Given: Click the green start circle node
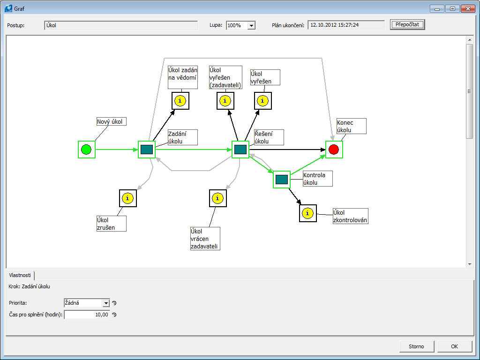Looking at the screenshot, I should point(86,150).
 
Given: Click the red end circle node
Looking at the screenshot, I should point(334,150).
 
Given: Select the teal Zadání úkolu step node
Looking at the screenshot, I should point(147,150).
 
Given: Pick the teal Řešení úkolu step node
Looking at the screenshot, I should point(240,150).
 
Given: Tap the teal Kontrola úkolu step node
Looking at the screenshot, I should point(282,180).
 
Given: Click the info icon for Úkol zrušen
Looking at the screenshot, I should point(127,198).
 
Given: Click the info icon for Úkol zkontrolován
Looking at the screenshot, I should point(307,213).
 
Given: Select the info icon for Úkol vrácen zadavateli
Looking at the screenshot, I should point(217,198).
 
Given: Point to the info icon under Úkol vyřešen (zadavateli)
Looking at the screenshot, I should point(225,101).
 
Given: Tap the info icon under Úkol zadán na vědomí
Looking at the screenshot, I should point(180,101).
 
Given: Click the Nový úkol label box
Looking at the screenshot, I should point(112,122).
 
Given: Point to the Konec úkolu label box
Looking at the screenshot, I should point(351,126).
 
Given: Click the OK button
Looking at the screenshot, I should point(454,346).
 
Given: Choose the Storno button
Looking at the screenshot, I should point(416,346).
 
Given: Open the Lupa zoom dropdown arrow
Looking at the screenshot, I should point(251,25).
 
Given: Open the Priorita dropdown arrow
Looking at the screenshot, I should point(106,303).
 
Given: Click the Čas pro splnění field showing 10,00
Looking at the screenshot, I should point(87,315).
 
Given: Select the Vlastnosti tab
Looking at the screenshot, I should point(20,276).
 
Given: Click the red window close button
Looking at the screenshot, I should point(467,8).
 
